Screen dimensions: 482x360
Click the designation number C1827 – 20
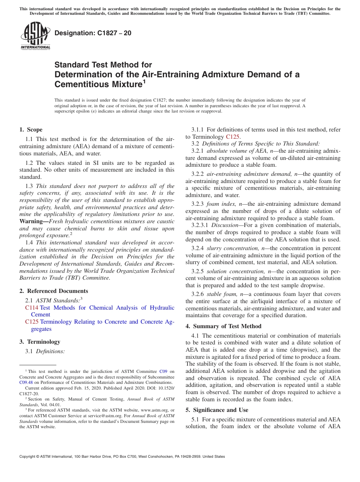click(x=93, y=33)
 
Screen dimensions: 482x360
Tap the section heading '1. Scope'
click(x=31, y=130)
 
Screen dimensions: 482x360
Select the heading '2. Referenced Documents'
click(x=54, y=291)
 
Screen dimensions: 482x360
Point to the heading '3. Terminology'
click(x=40, y=342)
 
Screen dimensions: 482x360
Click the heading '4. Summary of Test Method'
click(x=224, y=326)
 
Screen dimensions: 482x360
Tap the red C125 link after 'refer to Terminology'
click(x=233, y=137)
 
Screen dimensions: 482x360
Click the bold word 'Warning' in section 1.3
click(x=31, y=221)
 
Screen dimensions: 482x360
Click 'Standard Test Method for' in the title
click(x=103, y=65)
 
